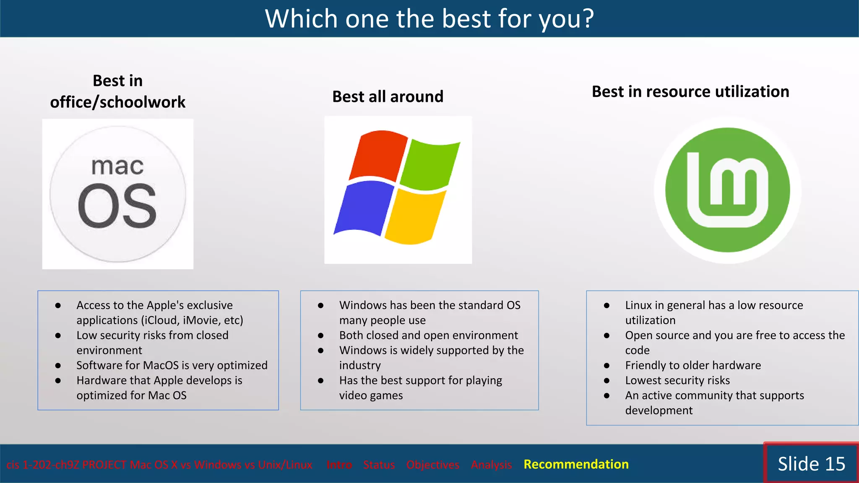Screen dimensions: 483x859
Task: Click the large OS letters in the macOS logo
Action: (x=117, y=206)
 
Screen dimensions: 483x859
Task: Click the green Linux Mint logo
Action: (x=727, y=190)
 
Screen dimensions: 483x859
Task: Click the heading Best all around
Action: (x=388, y=96)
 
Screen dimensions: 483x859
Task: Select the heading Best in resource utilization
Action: (x=690, y=91)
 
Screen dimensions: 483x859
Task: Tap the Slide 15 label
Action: (x=811, y=464)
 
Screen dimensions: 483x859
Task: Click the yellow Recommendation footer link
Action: (x=576, y=464)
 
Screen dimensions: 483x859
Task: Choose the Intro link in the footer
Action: (x=339, y=465)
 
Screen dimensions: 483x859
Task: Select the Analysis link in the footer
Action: (x=491, y=465)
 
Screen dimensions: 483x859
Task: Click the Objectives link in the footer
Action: (x=432, y=465)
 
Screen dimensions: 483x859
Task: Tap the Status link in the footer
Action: (x=379, y=465)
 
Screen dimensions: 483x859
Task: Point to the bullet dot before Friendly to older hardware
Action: (x=607, y=366)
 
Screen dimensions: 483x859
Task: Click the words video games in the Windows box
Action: (x=371, y=395)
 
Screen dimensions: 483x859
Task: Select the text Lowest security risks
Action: (x=677, y=380)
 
